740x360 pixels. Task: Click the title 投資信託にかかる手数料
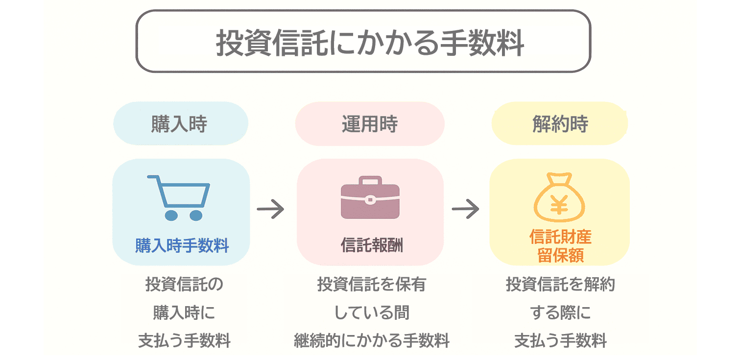point(363,44)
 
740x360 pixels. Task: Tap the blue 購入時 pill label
point(180,124)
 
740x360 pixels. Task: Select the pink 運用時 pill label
point(369,124)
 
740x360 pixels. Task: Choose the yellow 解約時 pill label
point(560,124)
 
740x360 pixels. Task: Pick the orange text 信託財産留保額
point(560,246)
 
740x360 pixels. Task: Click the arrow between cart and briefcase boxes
point(270,209)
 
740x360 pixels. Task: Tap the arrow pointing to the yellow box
point(465,209)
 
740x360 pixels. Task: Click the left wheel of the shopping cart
point(171,215)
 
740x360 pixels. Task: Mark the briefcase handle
point(370,180)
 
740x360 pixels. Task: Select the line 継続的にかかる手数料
point(371,340)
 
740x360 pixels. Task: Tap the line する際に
point(560,312)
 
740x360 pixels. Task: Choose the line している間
point(371,312)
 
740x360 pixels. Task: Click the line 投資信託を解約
point(560,285)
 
